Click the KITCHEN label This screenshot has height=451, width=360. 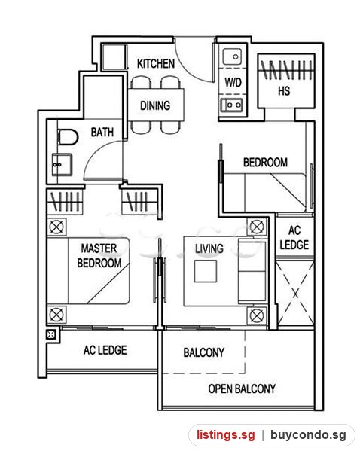(156, 63)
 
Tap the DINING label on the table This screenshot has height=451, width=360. (155, 105)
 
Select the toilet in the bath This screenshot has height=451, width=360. (68, 137)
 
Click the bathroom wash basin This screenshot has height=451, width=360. (62, 164)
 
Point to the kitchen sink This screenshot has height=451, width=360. (232, 56)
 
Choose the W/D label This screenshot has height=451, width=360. (233, 83)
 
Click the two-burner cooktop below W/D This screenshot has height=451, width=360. (231, 105)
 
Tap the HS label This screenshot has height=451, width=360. (284, 91)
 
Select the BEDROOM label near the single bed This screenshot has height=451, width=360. (265, 162)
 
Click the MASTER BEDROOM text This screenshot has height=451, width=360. (99, 256)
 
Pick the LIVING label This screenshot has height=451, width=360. (209, 248)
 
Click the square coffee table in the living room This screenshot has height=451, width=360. (206, 271)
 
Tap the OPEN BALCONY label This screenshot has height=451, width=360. (242, 389)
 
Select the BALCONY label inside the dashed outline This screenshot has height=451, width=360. (204, 352)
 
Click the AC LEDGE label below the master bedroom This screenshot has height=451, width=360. (105, 350)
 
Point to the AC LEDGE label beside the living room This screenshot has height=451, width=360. (294, 238)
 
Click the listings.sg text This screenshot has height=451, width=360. (226, 434)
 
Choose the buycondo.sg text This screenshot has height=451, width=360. (308, 435)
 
